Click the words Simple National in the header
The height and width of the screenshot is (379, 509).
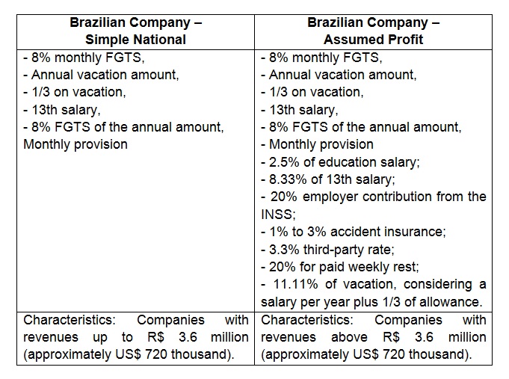135,40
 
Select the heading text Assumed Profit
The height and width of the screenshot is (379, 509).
373,40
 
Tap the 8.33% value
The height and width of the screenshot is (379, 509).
288,179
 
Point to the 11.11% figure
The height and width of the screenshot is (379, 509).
296,284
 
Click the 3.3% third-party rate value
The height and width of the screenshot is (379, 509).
284,250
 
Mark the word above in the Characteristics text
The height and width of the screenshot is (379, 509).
349,337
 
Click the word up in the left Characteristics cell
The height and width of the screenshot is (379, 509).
100,338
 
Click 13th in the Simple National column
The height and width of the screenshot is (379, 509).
44,110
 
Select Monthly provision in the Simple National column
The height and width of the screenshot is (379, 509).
75,144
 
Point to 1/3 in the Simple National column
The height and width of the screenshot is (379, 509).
40,92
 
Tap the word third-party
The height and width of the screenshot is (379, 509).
348,250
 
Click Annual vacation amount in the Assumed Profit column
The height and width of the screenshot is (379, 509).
342,75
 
